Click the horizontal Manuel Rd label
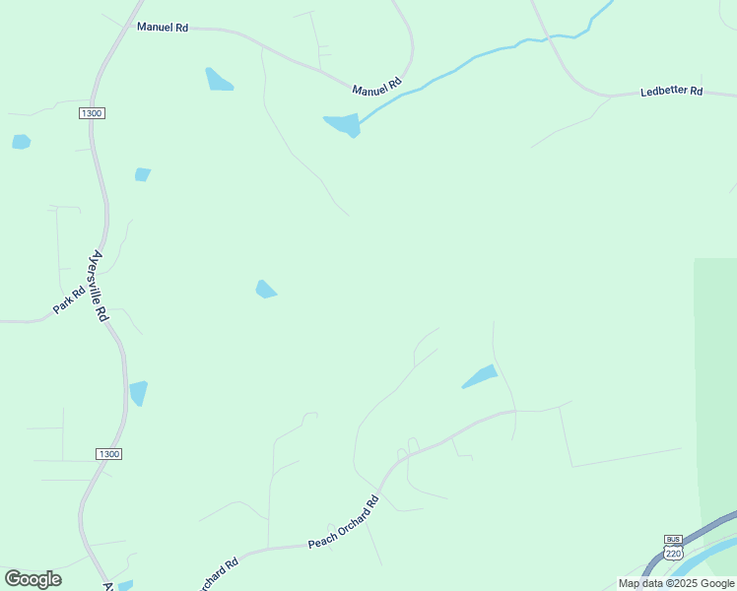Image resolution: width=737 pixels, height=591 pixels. tap(163, 28)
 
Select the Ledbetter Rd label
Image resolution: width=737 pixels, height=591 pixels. tap(671, 92)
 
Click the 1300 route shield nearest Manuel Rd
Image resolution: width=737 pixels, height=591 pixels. tap(92, 114)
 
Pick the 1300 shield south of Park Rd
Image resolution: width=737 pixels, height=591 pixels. tap(108, 453)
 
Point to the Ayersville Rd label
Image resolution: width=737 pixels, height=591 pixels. tap(98, 286)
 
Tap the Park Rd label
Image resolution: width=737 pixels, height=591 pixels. tap(69, 301)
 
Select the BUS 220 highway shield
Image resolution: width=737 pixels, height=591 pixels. tap(674, 548)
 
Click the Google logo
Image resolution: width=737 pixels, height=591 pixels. tap(33, 579)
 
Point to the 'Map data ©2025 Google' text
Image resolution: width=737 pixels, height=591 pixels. tap(676, 583)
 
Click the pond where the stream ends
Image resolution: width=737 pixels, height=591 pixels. tap(343, 125)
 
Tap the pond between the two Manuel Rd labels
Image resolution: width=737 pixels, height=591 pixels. tap(218, 80)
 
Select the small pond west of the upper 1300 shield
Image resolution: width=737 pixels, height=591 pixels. tap(21, 142)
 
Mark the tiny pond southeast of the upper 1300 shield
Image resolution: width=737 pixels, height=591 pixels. tap(143, 174)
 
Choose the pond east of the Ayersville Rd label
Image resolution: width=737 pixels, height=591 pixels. tap(265, 290)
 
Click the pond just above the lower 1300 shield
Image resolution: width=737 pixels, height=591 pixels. tap(138, 392)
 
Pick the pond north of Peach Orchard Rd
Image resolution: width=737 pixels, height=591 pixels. tap(481, 376)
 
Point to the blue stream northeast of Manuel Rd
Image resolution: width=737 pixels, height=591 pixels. tap(473, 60)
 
